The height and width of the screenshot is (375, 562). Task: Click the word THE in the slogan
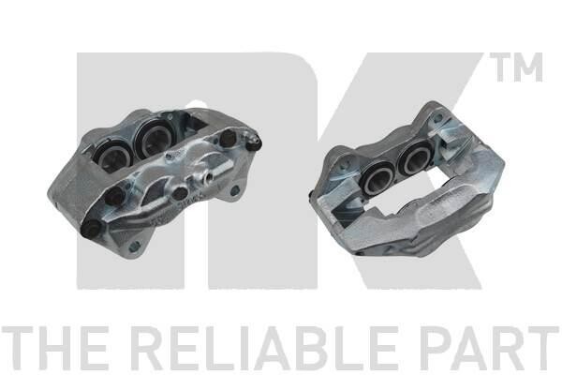pos(54,348)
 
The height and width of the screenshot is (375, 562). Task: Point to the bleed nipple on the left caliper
pos(254,142)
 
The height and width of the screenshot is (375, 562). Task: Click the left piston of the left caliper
pos(111,157)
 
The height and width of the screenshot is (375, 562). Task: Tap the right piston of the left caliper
pos(153,138)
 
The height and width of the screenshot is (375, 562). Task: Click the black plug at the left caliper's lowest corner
pos(92,229)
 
